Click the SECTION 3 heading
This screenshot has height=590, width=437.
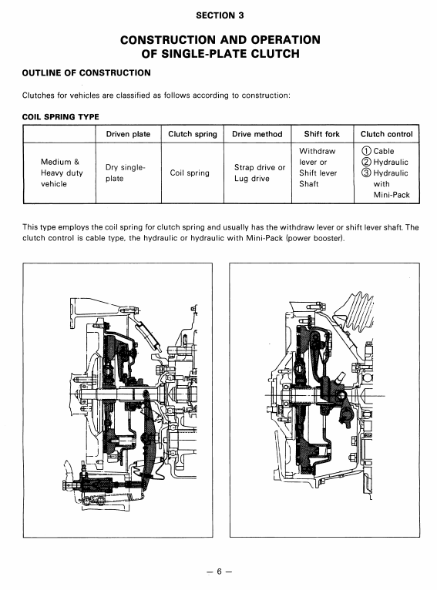pyautogui.click(x=220, y=15)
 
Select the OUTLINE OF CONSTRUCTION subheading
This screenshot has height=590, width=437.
pyautogui.click(x=86, y=73)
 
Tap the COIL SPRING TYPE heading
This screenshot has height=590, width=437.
pyautogui.click(x=61, y=116)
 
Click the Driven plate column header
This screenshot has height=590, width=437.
pyautogui.click(x=128, y=134)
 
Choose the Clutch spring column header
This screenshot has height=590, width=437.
pyautogui.click(x=193, y=134)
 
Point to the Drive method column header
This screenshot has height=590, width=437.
pyautogui.click(x=257, y=134)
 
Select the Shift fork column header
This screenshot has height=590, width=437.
pyautogui.click(x=322, y=134)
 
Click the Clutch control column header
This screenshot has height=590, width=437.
pyautogui.click(x=387, y=134)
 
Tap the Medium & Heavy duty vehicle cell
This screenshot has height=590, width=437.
pyautogui.click(x=62, y=173)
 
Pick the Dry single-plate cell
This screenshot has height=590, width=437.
pyautogui.click(x=126, y=173)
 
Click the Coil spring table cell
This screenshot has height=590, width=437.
pyautogui.click(x=190, y=173)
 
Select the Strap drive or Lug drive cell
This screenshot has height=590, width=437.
pyautogui.click(x=260, y=173)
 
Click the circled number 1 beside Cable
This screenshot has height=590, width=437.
pyautogui.click(x=366, y=151)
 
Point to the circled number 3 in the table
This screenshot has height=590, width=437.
pyautogui.click(x=366, y=173)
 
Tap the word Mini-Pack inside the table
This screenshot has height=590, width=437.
pyautogui.click(x=392, y=195)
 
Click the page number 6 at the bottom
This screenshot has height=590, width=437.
pyautogui.click(x=220, y=572)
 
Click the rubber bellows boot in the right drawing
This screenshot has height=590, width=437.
pyautogui.click(x=357, y=310)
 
